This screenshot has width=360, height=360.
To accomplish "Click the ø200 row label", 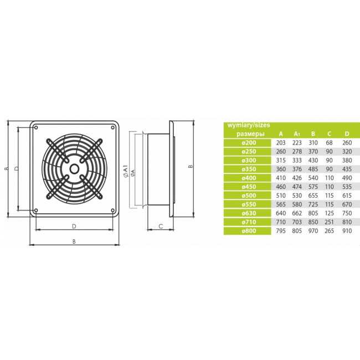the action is (249, 143).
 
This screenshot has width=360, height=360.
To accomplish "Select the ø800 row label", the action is (249, 231).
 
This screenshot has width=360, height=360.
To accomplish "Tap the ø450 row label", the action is (249, 187).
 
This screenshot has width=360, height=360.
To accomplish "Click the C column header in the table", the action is (329, 134).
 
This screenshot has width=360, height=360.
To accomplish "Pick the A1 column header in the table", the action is (297, 134).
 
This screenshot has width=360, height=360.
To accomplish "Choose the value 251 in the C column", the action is (329, 222).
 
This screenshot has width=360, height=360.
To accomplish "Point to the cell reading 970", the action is (313, 231).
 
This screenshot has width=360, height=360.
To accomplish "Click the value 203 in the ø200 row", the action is (281, 143).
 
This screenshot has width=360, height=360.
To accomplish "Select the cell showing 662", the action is (297, 213).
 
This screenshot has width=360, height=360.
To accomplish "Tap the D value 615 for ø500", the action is (347, 196).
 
